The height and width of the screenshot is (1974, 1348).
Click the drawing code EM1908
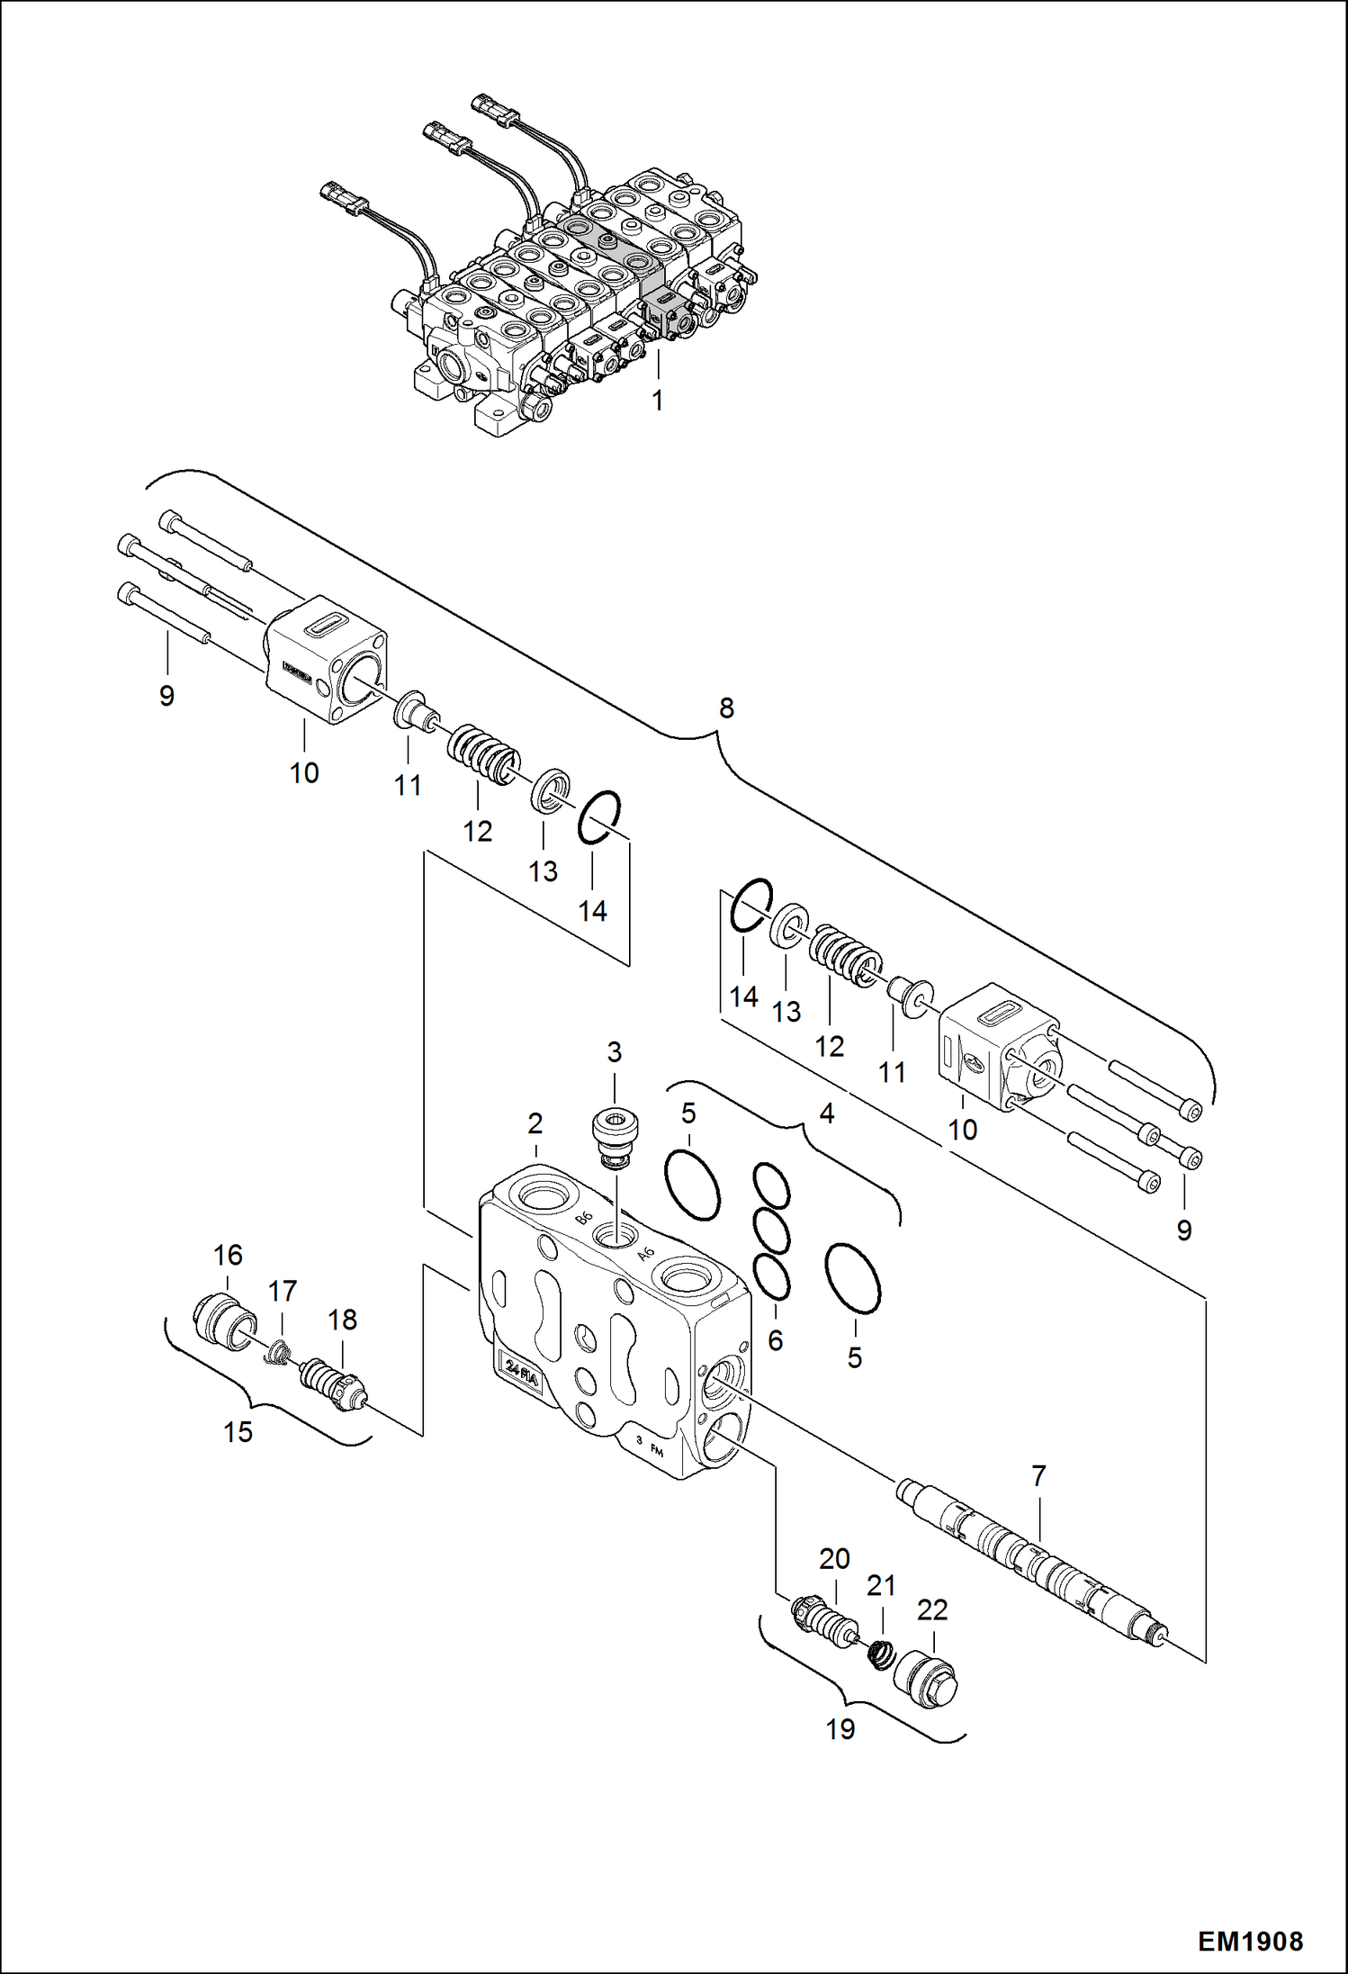click(x=1250, y=1941)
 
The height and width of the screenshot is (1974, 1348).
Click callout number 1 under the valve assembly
click(x=658, y=401)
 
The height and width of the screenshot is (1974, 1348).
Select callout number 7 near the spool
click(x=1038, y=1476)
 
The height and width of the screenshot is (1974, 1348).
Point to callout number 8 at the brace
click(x=726, y=708)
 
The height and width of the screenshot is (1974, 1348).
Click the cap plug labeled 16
click(x=225, y=1321)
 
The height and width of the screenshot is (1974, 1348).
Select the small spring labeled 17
click(x=280, y=1350)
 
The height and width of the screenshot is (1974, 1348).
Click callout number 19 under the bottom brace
click(x=840, y=1728)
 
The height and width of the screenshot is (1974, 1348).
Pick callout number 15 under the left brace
click(x=238, y=1431)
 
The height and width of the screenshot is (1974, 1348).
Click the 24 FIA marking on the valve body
click(x=521, y=1371)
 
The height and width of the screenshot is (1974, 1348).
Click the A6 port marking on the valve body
click(x=645, y=1254)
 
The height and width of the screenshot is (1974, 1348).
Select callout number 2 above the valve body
click(x=535, y=1123)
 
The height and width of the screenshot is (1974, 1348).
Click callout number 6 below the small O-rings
click(x=776, y=1340)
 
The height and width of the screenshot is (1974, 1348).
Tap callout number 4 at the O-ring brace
click(x=827, y=1113)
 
